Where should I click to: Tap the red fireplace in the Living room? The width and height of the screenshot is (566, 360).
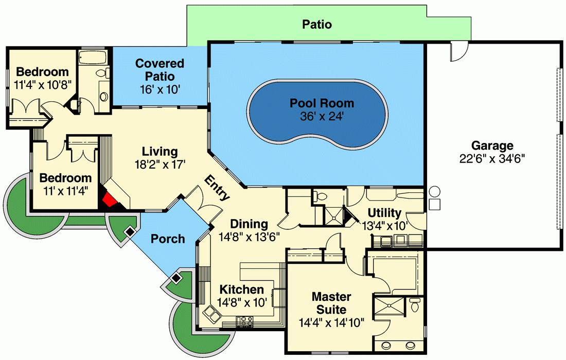[110, 200]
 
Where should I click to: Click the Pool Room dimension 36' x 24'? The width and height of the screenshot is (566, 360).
[322, 116]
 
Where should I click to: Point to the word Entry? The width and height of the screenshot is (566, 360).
[217, 188]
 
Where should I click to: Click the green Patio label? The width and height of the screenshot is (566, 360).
[316, 24]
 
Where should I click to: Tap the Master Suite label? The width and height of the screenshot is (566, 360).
[331, 303]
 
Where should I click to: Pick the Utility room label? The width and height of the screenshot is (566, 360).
[384, 213]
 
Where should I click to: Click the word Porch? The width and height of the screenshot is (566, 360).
[168, 239]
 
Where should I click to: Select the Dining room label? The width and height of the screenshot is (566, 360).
[249, 224]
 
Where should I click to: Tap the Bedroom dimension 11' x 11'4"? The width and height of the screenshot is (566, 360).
[65, 190]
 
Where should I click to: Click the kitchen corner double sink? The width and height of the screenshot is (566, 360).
[211, 313]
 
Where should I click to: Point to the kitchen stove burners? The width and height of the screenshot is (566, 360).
[245, 321]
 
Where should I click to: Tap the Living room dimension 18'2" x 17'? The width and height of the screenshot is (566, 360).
[160, 164]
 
